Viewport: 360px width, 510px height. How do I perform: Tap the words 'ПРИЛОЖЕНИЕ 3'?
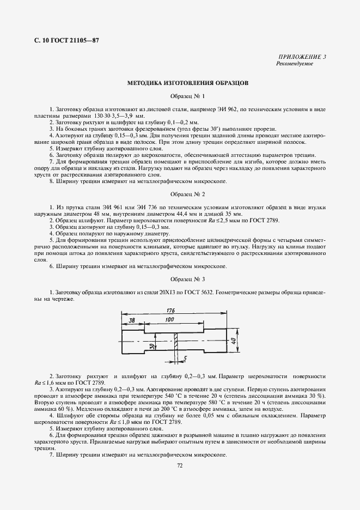coord(302,57)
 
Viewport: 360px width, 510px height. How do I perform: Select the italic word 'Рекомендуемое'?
coord(295,64)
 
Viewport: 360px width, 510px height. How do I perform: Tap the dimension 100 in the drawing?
coord(168,319)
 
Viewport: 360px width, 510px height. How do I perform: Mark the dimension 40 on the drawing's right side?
coord(233,340)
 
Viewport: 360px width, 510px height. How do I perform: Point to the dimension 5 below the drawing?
coord(186,359)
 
